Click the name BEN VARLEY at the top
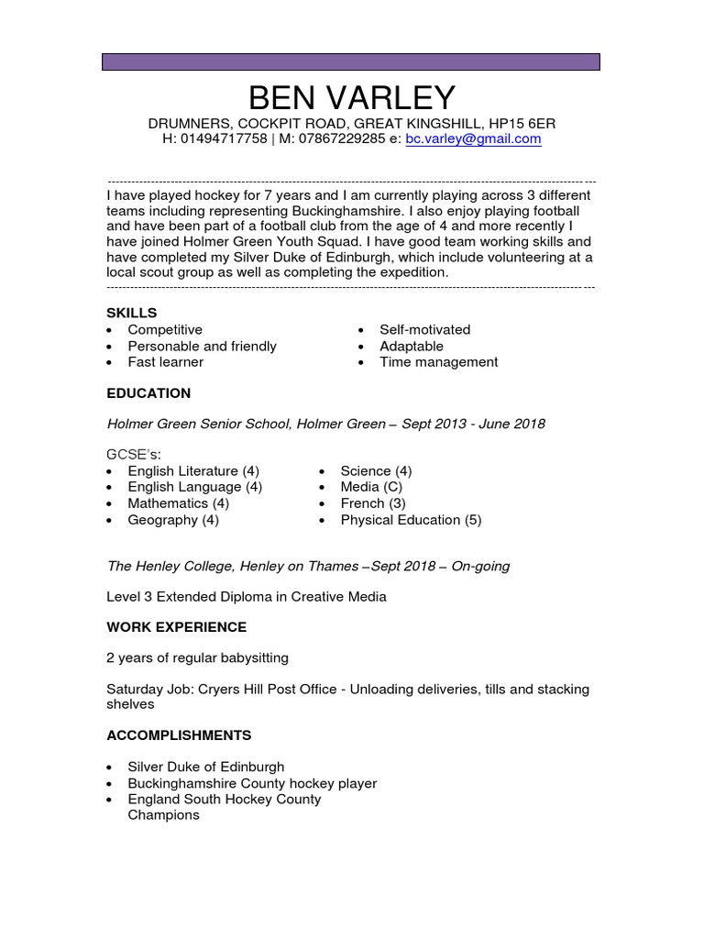351,97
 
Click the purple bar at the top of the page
351,61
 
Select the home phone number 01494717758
224,139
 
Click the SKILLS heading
131,313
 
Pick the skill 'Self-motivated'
424,329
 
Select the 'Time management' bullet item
438,362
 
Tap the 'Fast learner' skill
165,362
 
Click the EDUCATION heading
148,393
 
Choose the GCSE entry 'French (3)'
372,503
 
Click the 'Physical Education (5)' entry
410,520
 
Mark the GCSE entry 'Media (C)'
371,487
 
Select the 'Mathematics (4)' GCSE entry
178,503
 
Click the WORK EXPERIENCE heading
176,627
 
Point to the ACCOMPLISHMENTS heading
179,735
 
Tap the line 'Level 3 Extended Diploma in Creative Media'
247,597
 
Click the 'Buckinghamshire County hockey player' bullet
252,783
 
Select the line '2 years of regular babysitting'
197,657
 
